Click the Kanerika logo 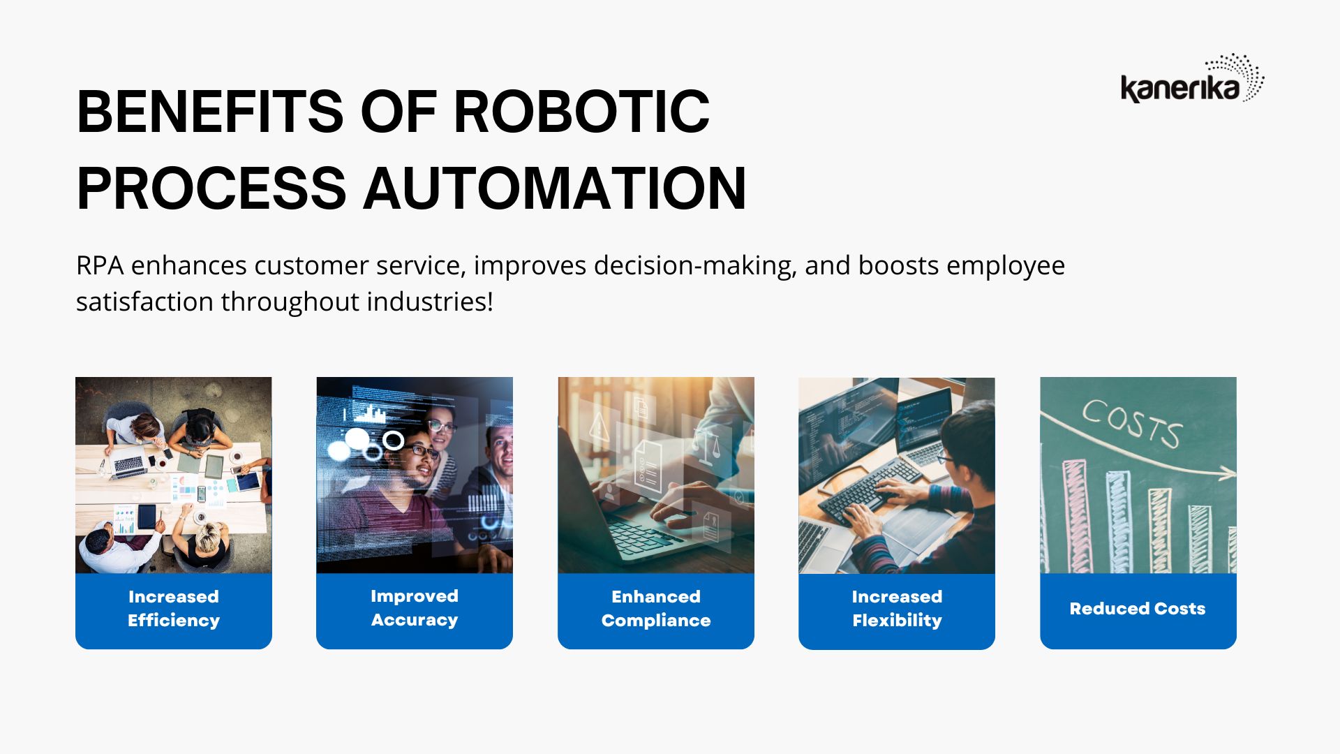tap(1192, 78)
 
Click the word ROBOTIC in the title tap(581, 112)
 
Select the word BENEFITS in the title tap(210, 112)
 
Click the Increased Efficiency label tap(174, 608)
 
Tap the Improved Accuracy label tap(415, 607)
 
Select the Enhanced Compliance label tap(656, 608)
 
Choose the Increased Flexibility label tap(897, 608)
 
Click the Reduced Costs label tap(1138, 609)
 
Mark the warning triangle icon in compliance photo tap(600, 425)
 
